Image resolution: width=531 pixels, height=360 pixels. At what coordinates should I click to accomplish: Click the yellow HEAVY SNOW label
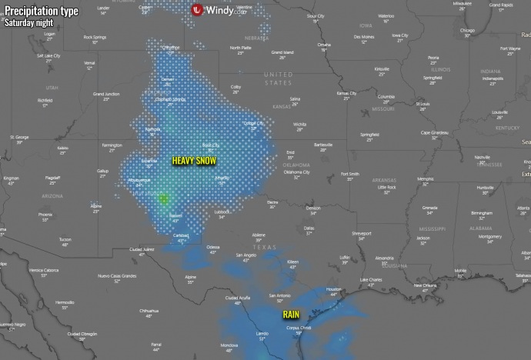194,160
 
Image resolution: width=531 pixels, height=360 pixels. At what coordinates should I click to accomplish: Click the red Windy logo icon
198,10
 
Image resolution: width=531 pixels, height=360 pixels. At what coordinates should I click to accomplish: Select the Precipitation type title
38,9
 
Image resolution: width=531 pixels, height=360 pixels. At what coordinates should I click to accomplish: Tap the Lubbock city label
222,212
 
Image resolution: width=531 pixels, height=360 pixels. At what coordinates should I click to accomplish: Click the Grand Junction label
107,94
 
